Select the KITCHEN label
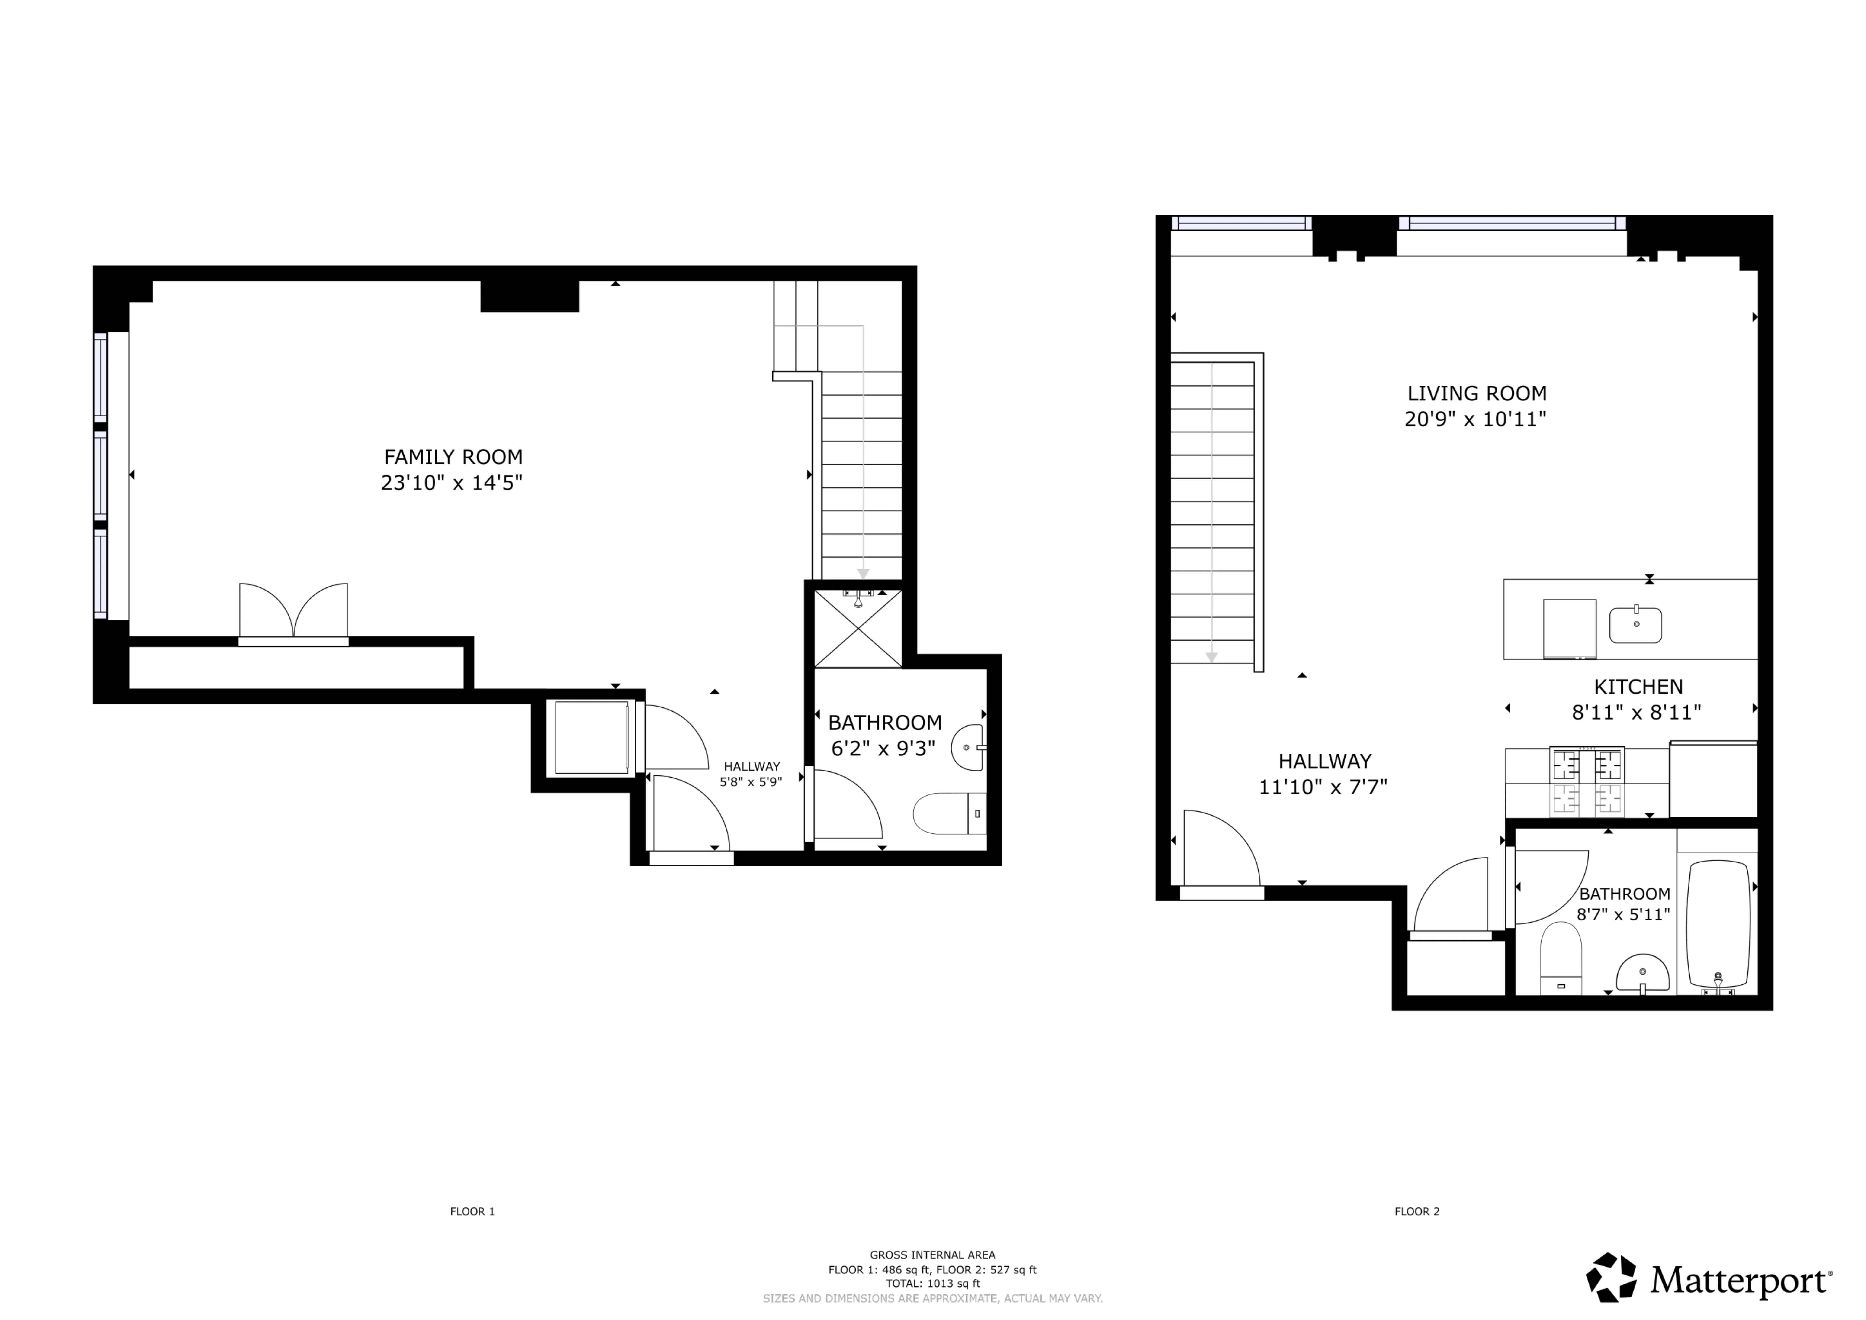pyautogui.click(x=1638, y=687)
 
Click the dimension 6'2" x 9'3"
pyautogui.click(x=883, y=748)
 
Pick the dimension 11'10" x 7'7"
pyautogui.click(x=1323, y=787)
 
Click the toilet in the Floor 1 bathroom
pyautogui.click(x=949, y=814)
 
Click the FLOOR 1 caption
pyautogui.click(x=472, y=1234)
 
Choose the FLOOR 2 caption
pyautogui.click(x=1416, y=1234)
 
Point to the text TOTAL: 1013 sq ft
pyautogui.click(x=932, y=1283)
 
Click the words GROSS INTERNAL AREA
pyautogui.click(x=932, y=1255)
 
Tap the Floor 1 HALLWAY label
pyautogui.click(x=752, y=766)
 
